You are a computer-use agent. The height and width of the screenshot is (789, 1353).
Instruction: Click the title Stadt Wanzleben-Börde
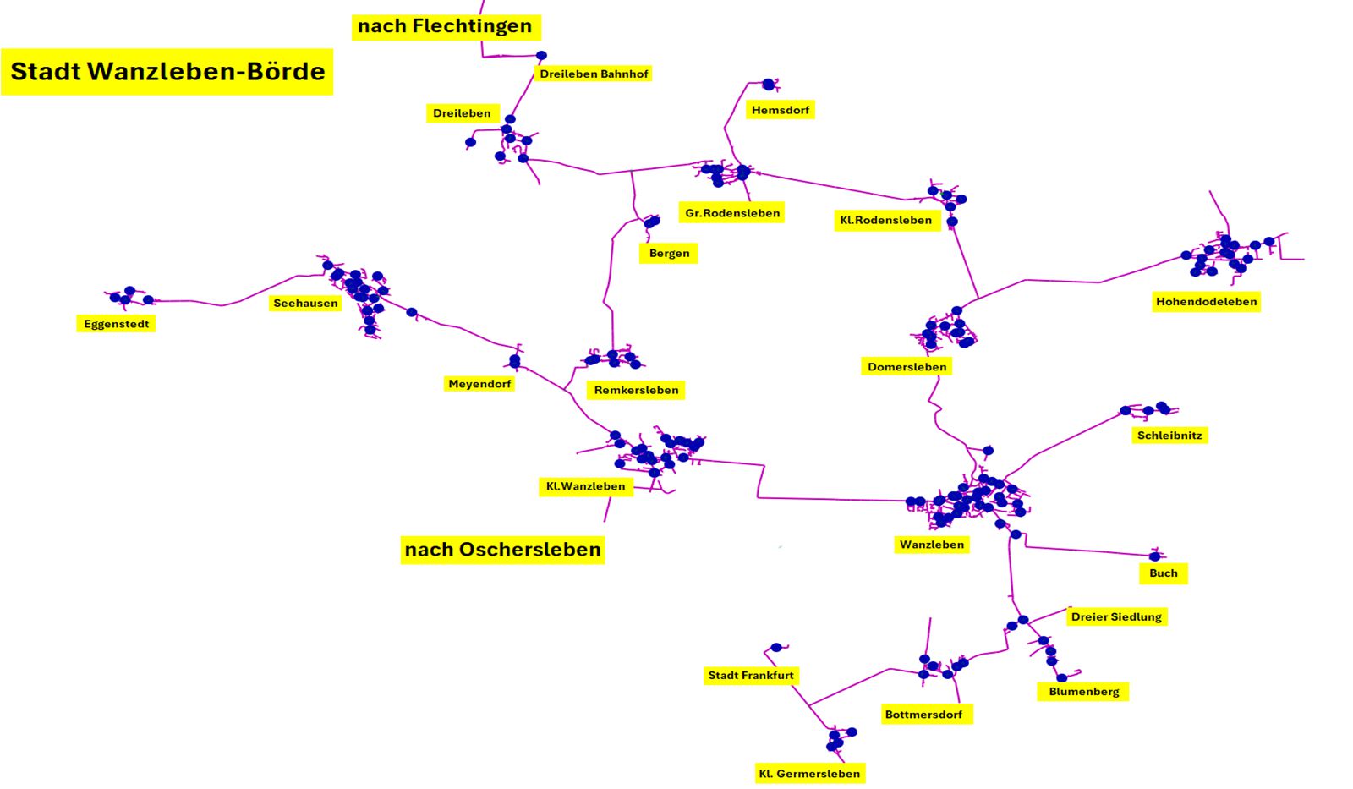click(167, 71)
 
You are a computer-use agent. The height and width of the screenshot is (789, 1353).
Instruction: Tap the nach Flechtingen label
click(445, 26)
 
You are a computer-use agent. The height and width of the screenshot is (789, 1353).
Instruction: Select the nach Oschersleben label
click(502, 550)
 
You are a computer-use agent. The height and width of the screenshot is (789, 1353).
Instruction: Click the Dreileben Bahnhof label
click(594, 74)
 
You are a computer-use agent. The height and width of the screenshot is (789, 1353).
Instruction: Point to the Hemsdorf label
click(780, 110)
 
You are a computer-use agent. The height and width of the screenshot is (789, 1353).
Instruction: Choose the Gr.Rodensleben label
click(732, 213)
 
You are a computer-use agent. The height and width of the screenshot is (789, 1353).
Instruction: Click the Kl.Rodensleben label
click(885, 220)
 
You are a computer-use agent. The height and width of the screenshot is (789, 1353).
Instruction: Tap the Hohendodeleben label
click(1206, 302)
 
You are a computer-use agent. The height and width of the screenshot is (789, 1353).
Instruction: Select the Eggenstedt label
click(117, 324)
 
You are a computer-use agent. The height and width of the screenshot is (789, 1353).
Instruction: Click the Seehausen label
click(305, 303)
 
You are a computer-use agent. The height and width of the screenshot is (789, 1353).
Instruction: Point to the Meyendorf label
click(479, 384)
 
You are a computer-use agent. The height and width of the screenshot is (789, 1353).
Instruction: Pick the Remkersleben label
click(636, 390)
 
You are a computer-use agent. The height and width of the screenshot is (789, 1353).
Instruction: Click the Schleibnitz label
click(1169, 436)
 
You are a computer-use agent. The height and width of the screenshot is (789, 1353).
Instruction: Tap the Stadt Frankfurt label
click(751, 676)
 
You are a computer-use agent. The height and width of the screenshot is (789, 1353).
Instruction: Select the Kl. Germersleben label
click(809, 774)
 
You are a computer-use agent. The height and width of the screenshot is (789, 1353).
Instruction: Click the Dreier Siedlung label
click(1116, 617)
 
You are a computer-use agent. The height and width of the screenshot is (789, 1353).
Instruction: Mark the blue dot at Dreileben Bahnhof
click(541, 56)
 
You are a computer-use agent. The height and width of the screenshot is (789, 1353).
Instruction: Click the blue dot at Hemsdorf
click(768, 84)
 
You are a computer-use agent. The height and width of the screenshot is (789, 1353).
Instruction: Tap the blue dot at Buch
click(1154, 556)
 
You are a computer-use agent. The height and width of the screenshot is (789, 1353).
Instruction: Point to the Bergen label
click(669, 253)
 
